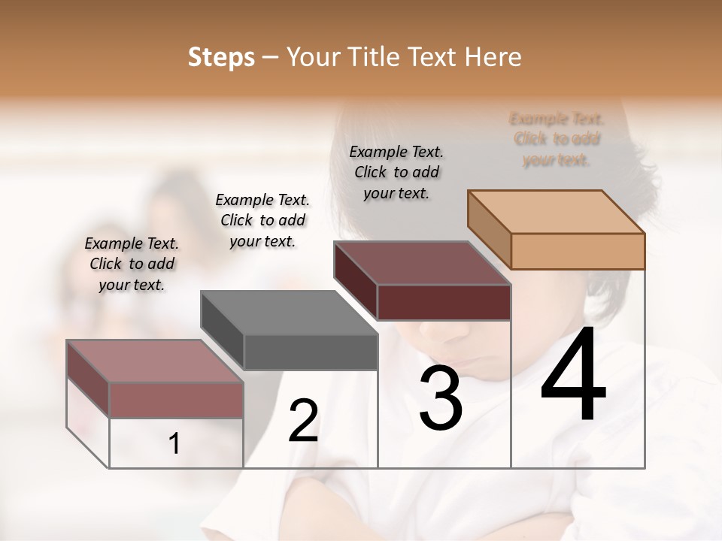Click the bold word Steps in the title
221,57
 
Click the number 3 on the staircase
441,400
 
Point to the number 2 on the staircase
303,421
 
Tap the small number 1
174,444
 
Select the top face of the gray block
289,313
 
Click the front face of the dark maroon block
444,302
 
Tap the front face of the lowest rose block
176,400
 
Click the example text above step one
132,264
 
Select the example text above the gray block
262,220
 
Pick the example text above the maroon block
396,172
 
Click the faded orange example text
557,139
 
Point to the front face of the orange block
578,251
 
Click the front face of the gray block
311,352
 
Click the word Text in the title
433,57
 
